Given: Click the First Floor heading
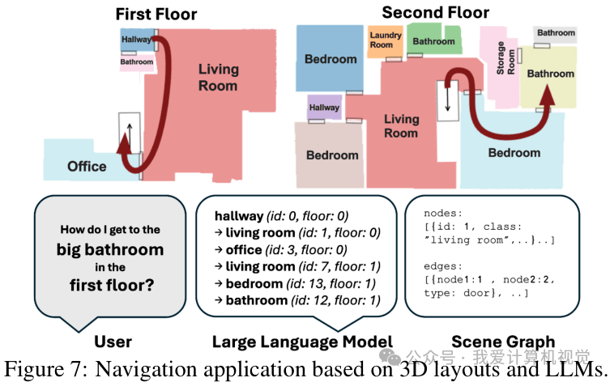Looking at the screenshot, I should [x=156, y=14].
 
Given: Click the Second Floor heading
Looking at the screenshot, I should [x=435, y=12].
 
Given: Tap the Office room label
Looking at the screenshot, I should [x=87, y=166].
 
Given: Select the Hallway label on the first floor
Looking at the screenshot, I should [x=135, y=39].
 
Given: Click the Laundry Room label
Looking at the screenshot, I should [x=386, y=40].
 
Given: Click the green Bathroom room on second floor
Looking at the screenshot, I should [x=433, y=41].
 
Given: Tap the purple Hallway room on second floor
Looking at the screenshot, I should [x=324, y=108].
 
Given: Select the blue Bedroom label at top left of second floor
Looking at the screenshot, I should [x=331, y=59].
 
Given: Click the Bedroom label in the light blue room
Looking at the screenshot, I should [x=514, y=152].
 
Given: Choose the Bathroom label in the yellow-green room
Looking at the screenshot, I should [x=551, y=74].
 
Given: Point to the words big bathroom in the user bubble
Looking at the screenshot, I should [x=110, y=249].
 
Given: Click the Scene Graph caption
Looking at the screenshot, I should [x=503, y=342].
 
